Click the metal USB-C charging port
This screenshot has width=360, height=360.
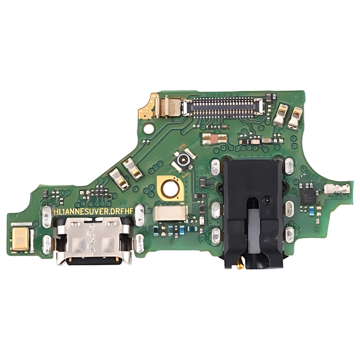94,241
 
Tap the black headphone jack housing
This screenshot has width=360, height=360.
253,212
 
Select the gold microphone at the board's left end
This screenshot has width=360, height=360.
20,239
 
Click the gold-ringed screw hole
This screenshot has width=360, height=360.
170,188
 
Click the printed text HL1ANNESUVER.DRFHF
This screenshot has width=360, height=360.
93,211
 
